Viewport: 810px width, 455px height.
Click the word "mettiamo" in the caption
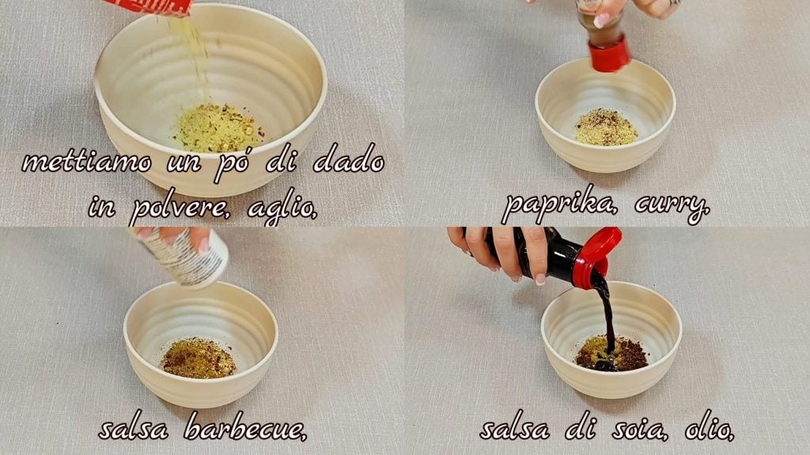[87, 162]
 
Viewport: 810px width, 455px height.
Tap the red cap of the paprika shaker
[610, 54]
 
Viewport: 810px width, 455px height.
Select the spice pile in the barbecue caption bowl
[198, 358]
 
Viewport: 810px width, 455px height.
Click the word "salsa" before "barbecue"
[133, 429]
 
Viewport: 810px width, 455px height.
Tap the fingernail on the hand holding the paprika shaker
[602, 20]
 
